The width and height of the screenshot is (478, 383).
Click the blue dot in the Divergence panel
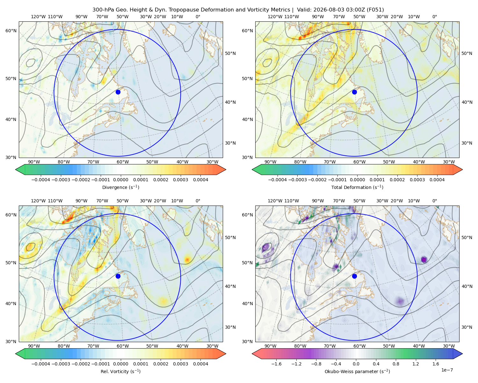click(x=118, y=92)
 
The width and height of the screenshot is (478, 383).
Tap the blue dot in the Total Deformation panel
click(x=354, y=92)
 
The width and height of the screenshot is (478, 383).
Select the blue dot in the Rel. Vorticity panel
click(x=118, y=276)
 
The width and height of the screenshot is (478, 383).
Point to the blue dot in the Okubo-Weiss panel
click(x=354, y=276)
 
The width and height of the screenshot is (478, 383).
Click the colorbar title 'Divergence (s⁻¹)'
click(x=120, y=187)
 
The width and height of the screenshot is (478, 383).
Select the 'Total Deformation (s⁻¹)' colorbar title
click(x=357, y=187)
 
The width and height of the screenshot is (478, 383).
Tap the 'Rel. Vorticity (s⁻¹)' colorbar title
click(x=120, y=372)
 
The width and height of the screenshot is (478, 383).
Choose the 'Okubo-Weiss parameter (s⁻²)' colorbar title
click(x=357, y=372)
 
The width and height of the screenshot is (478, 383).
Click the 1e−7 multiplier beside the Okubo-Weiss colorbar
click(x=447, y=370)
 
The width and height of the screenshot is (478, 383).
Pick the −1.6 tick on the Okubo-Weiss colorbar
click(x=276, y=364)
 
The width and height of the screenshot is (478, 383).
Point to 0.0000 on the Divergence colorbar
click(x=120, y=180)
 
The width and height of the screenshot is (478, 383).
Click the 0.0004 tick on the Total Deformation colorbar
click(x=437, y=180)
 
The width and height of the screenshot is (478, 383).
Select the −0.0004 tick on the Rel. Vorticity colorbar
click(x=41, y=364)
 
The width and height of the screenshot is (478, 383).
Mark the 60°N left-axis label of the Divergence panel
click(x=11, y=31)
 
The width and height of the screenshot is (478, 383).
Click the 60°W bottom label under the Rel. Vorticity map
click(x=123, y=346)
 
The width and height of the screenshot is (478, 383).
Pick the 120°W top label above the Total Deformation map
click(x=275, y=17)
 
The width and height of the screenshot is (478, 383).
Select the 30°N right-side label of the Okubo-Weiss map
click(x=467, y=327)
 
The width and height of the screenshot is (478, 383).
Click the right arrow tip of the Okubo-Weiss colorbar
click(x=462, y=354)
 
